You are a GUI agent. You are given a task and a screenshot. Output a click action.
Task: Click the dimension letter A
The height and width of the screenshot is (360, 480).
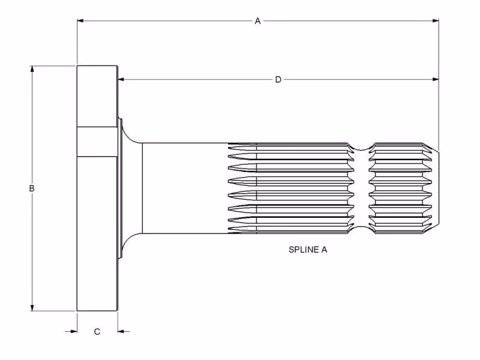[257, 21]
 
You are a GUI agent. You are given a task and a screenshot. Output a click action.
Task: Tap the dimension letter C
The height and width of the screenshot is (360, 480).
[97, 331]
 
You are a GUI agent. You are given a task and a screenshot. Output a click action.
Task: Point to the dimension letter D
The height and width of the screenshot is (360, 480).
[278, 79]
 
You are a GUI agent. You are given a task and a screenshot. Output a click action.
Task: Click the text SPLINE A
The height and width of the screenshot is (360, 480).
[308, 250]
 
